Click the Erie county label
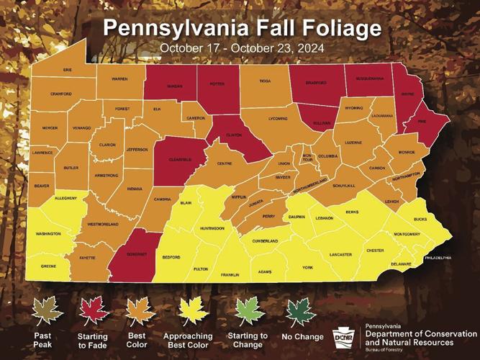pos(68,70)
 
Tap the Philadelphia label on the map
pos(438,257)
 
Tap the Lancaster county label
pos(340,255)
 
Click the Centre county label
pos(225,163)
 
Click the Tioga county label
pos(265,81)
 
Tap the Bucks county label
pos(421,218)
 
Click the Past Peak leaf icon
pos(47,311)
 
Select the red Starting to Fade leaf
pos(93,311)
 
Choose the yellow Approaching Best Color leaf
pos(193,311)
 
